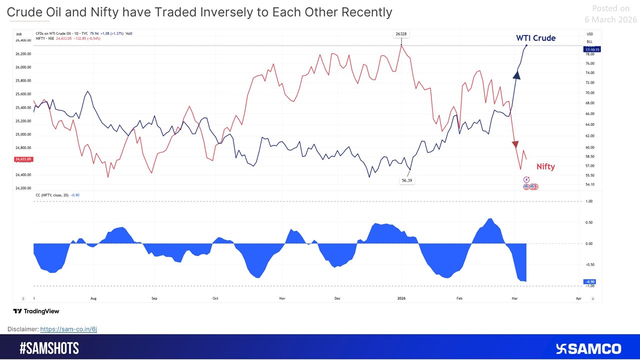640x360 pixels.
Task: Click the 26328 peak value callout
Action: coord(401,34)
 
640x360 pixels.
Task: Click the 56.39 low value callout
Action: coord(406,180)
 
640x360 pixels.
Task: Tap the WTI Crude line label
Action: coord(535,38)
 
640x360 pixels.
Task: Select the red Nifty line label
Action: coord(545,167)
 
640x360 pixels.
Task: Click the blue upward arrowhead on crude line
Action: coord(517,75)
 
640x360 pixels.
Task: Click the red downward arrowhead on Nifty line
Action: coord(515,144)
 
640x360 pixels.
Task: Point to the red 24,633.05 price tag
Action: coord(23,159)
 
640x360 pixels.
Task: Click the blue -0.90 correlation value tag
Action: coord(589,282)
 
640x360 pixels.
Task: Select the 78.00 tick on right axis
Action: coord(590,54)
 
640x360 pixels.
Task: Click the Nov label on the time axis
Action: coord(282,298)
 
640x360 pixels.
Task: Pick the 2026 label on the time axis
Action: coord(401,298)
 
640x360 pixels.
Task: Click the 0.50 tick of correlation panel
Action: coord(589,222)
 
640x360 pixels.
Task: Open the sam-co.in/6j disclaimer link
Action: coord(68,329)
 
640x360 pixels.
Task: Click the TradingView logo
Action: coord(36,311)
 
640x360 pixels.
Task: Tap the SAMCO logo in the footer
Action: coord(588,348)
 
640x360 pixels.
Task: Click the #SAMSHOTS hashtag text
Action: coord(49,348)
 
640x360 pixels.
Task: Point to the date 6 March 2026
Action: coord(610,19)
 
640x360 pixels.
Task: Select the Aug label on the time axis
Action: coord(93,298)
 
